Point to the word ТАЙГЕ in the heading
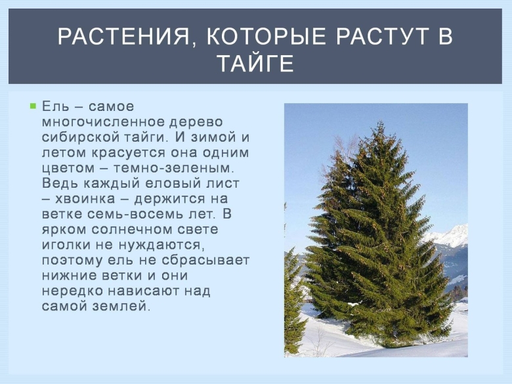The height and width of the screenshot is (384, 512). click(x=255, y=64)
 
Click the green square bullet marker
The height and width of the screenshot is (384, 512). click(x=32, y=105)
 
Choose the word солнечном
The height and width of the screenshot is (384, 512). click(x=131, y=229)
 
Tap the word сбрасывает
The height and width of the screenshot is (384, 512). click(x=210, y=259)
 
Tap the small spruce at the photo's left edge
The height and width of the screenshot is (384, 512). click(x=293, y=295)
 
